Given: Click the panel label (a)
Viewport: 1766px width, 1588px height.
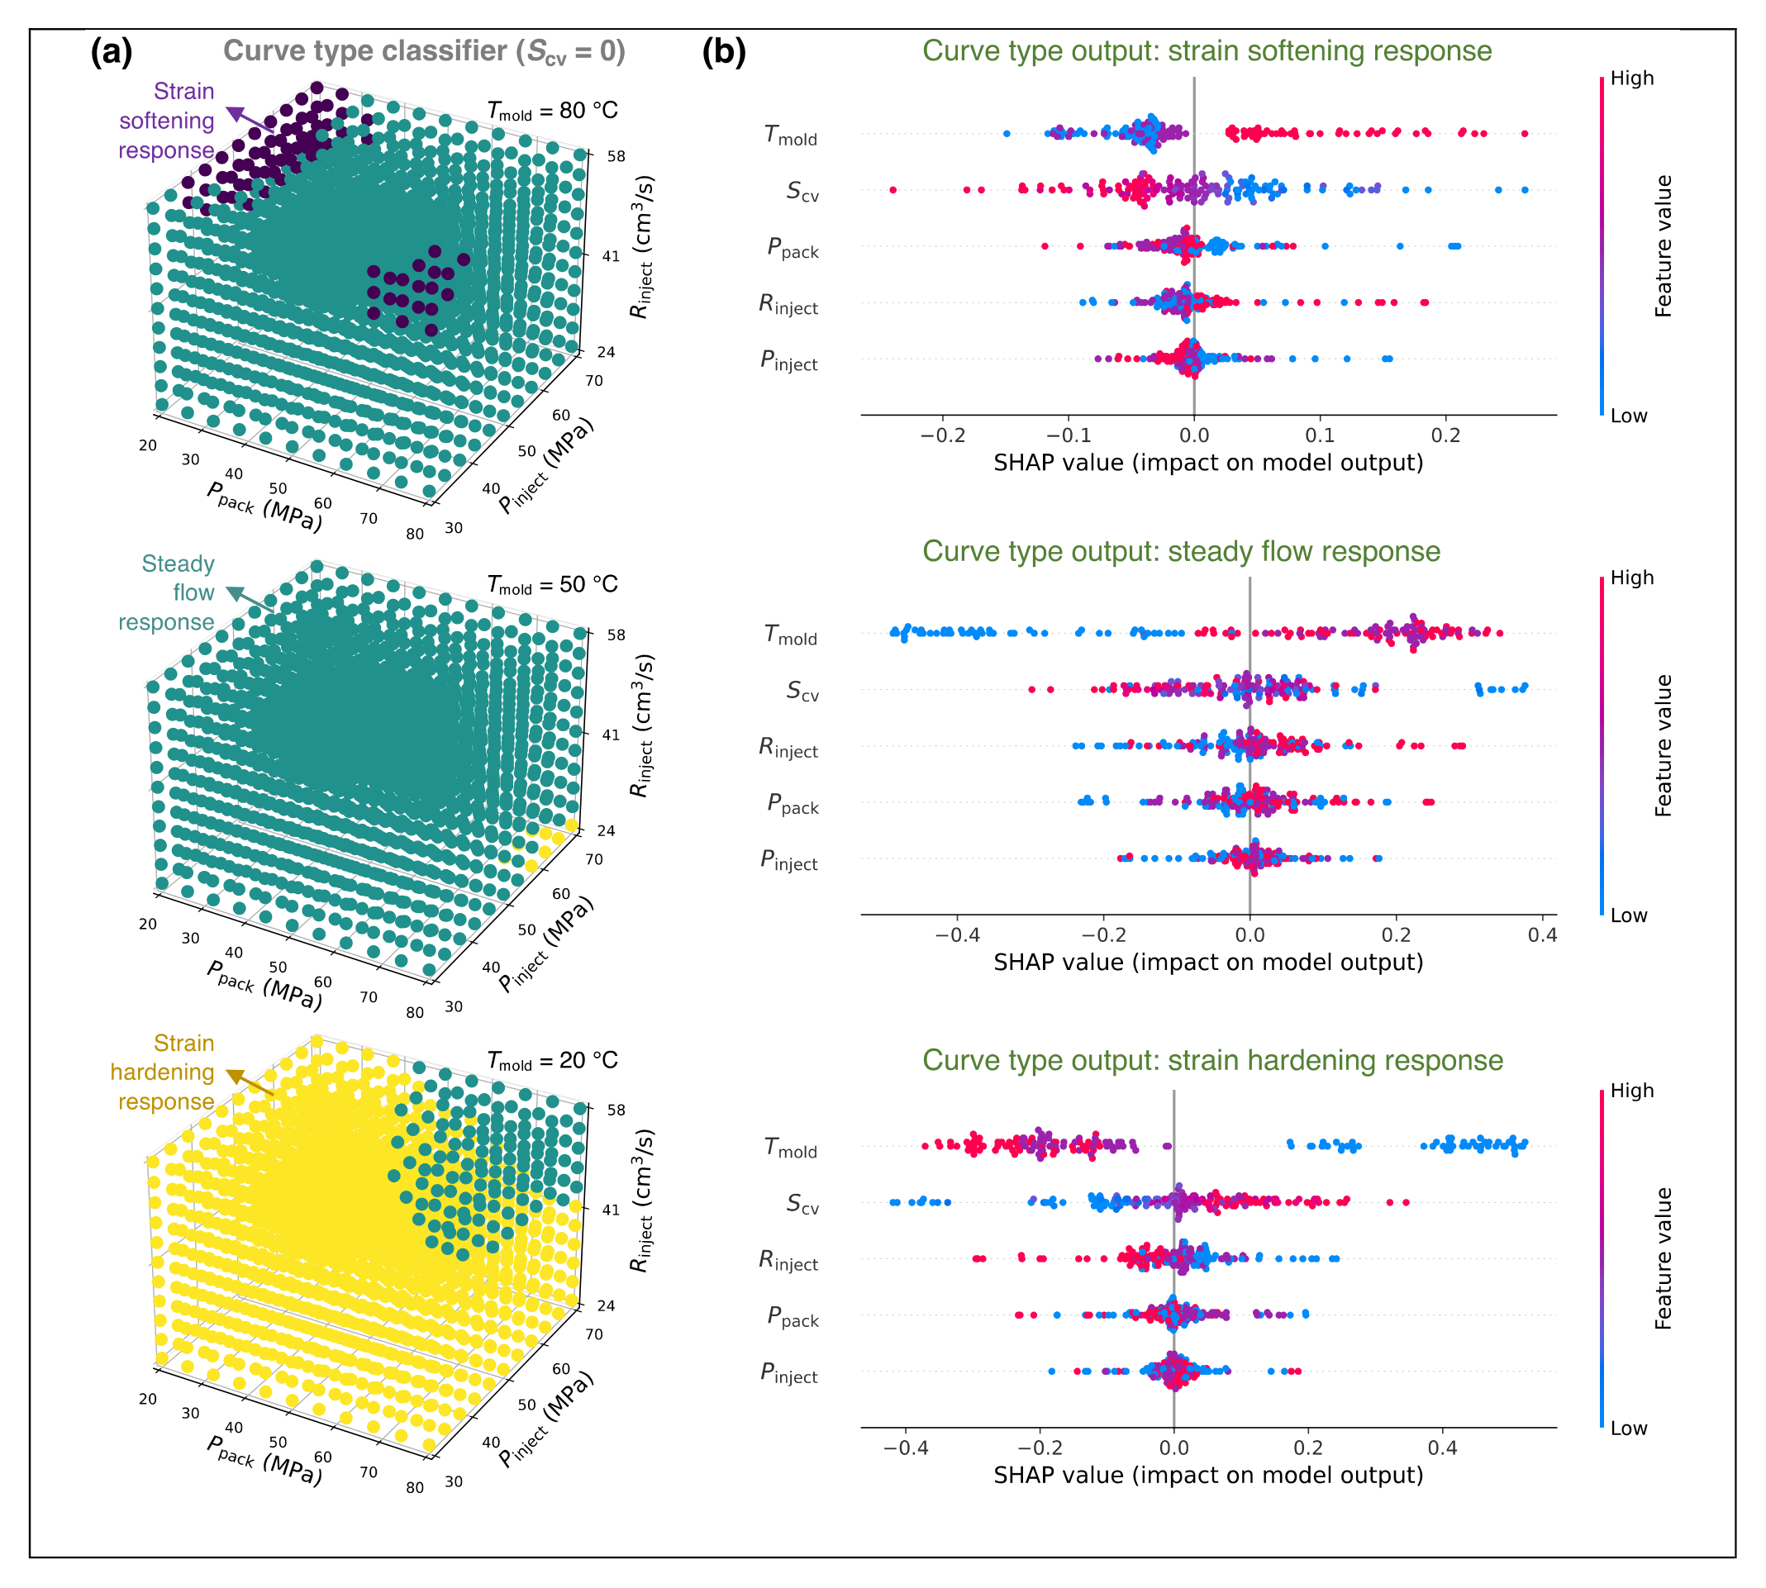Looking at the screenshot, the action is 112,52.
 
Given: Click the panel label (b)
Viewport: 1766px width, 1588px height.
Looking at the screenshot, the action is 724,52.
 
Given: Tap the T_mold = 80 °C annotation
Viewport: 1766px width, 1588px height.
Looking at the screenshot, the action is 552,112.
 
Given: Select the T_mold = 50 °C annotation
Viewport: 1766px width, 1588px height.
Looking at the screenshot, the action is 552,585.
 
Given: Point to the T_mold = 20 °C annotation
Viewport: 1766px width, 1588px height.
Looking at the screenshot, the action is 552,1061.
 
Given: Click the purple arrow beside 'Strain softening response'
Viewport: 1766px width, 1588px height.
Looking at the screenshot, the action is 250,120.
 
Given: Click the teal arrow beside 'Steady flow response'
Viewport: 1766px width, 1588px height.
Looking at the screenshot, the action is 250,601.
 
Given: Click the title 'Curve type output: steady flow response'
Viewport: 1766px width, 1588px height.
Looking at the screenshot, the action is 1182,551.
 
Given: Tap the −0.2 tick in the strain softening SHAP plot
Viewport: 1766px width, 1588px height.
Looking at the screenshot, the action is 942,435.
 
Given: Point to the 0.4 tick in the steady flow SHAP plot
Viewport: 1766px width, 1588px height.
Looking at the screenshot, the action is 1542,934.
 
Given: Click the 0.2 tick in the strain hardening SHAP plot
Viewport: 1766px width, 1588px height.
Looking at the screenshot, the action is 1308,1448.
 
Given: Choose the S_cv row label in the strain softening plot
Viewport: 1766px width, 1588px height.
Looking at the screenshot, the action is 802,191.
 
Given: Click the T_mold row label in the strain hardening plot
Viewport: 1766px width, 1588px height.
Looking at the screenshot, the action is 791,1148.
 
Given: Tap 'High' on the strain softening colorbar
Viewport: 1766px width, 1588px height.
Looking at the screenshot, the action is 1631,78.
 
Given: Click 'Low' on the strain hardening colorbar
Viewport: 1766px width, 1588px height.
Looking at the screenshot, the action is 1629,1429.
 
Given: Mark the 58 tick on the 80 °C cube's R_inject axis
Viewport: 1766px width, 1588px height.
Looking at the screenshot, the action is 616,156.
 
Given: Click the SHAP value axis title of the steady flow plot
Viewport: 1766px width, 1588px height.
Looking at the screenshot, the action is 1208,963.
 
